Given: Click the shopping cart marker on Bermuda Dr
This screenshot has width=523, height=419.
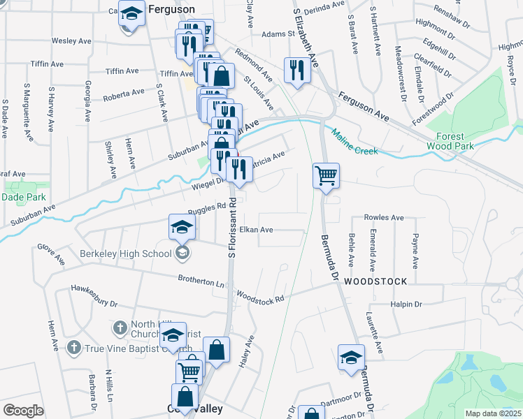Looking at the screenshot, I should point(326,175).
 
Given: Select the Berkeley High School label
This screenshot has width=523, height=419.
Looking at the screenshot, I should point(125,253).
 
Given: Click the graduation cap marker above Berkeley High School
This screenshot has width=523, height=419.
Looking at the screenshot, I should point(181,226).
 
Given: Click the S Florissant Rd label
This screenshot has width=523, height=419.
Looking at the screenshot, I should point(232,230).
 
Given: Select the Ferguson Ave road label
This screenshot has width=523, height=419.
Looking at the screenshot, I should point(364,104).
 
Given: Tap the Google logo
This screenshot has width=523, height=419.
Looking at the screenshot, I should point(23,411).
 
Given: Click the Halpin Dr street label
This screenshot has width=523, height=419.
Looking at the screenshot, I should point(406,304).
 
